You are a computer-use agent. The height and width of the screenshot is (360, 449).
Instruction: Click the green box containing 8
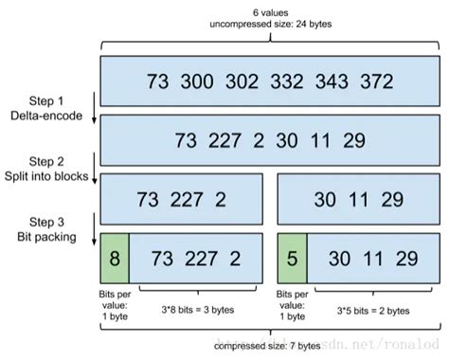(114, 259)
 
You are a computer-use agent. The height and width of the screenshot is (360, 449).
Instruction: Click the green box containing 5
(292, 259)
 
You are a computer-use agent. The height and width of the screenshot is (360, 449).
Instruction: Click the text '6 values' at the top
(272, 10)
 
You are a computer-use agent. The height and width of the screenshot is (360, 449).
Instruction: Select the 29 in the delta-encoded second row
(355, 140)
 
